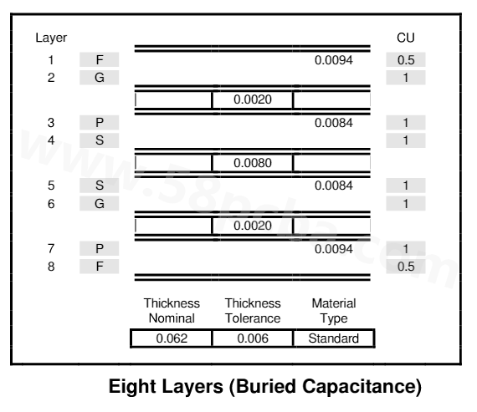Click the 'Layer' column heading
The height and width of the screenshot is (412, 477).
(x=51, y=38)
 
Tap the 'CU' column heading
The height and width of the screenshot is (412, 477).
(x=406, y=38)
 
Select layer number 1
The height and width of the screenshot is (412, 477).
(x=51, y=60)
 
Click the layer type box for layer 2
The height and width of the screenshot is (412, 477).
(x=100, y=78)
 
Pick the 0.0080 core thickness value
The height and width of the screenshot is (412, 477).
(x=253, y=163)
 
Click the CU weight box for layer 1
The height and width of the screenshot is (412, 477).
(x=406, y=59)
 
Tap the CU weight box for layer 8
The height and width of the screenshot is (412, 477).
(x=406, y=267)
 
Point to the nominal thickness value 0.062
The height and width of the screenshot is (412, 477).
(x=172, y=338)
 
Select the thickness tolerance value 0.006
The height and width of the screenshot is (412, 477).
(x=253, y=338)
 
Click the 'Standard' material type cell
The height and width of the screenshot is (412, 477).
(x=333, y=338)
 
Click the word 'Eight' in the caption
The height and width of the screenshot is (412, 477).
(x=132, y=387)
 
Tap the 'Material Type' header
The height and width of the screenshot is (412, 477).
(x=334, y=311)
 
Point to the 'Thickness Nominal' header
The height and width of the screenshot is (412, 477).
(x=172, y=311)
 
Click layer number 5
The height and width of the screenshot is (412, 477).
(x=51, y=186)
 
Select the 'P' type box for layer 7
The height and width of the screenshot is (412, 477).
(x=100, y=248)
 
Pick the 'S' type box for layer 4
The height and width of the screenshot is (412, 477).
(x=100, y=140)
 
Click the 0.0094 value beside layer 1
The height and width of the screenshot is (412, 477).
(x=334, y=60)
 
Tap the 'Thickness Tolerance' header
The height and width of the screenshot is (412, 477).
(x=253, y=311)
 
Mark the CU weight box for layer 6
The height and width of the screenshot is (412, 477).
(x=406, y=203)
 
